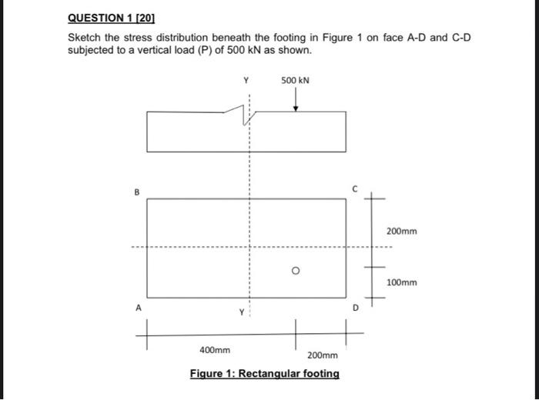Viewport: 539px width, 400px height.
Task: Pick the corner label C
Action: click(355, 186)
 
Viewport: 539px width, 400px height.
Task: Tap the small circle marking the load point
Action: click(295, 271)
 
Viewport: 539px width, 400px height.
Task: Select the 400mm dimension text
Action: click(215, 350)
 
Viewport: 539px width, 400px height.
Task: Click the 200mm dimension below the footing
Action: click(323, 355)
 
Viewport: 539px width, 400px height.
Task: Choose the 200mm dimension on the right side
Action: click(402, 231)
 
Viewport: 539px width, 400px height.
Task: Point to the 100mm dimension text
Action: click(402, 282)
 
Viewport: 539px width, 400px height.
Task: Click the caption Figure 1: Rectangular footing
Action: click(264, 374)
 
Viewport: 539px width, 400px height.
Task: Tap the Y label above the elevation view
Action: click(246, 80)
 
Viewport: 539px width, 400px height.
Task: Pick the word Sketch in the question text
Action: click(85, 37)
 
